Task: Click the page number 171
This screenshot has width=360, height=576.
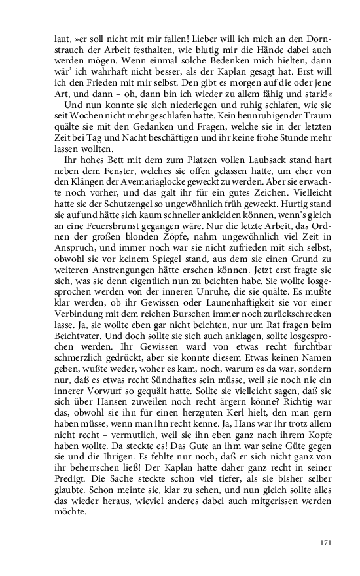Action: pos(326,543)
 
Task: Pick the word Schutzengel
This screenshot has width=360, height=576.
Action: pos(118,200)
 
